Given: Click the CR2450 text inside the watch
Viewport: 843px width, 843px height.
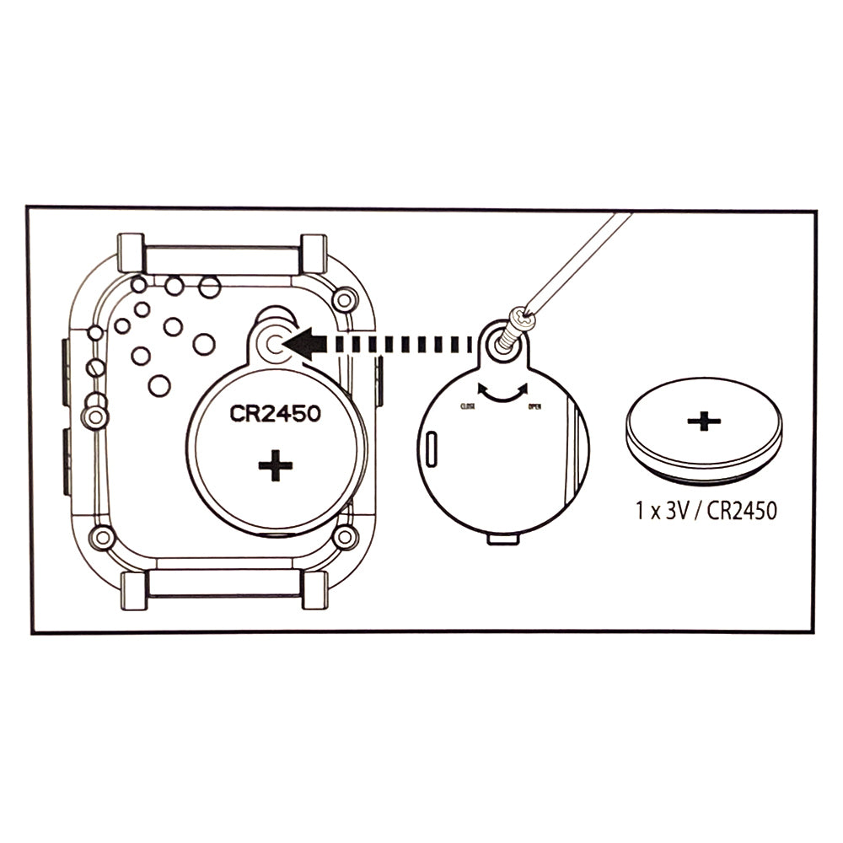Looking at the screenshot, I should coord(275,415).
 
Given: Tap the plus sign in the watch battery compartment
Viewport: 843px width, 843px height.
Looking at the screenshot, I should coord(275,465).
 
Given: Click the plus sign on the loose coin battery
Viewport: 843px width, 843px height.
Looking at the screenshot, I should coord(704,421).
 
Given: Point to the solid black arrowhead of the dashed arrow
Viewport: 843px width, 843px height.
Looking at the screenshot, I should coord(303,343).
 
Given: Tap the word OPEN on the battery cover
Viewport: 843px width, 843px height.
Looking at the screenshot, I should coord(534,406).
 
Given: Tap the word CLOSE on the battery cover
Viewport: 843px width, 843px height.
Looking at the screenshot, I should coord(467,406).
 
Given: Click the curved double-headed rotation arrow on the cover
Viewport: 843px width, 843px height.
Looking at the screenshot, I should coord(502,392).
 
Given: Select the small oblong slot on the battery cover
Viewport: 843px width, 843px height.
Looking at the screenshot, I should coord(432,448).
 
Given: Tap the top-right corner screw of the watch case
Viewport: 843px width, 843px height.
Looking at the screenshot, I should coord(344,298).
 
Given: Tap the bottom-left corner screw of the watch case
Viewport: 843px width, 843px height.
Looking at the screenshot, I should coord(103,536).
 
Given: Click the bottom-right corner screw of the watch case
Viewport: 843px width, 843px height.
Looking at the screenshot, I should coord(344,536).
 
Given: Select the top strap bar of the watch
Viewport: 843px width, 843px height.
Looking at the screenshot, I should coord(223,259).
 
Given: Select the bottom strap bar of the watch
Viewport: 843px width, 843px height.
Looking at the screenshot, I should coord(223,583).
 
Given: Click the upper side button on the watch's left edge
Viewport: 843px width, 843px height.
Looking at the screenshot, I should coord(65,368).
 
